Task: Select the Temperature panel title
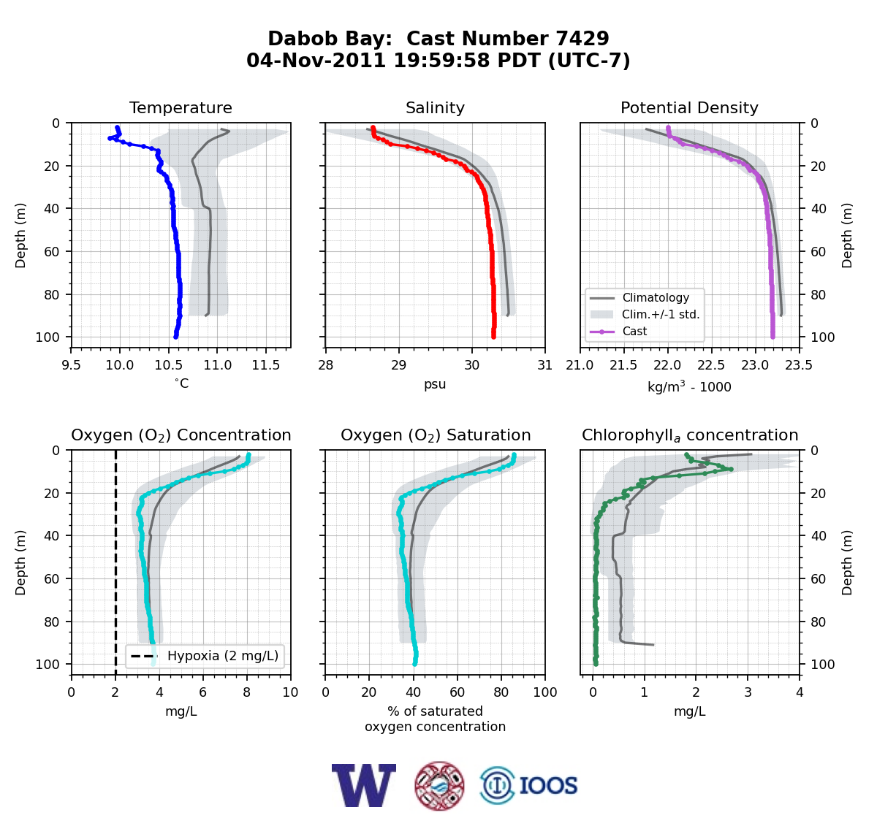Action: (181, 107)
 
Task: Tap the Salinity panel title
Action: (435, 107)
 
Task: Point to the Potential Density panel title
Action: (689, 107)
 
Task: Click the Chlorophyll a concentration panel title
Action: (689, 435)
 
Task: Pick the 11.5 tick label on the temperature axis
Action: (266, 365)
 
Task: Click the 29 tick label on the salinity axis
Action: (399, 365)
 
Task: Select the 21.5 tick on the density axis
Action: (623, 365)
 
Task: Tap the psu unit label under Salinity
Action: (435, 384)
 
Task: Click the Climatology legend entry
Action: (656, 298)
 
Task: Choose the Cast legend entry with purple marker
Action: (634, 332)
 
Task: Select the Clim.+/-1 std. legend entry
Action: (661, 315)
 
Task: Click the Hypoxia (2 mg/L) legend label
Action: (223, 656)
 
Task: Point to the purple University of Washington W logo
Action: (364, 785)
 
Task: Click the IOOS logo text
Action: (548, 786)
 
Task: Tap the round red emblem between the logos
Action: (439, 786)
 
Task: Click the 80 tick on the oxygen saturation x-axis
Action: (501, 692)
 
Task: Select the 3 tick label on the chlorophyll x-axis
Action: (748, 692)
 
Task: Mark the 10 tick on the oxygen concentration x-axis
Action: (291, 692)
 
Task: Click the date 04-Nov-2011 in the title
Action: (316, 61)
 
